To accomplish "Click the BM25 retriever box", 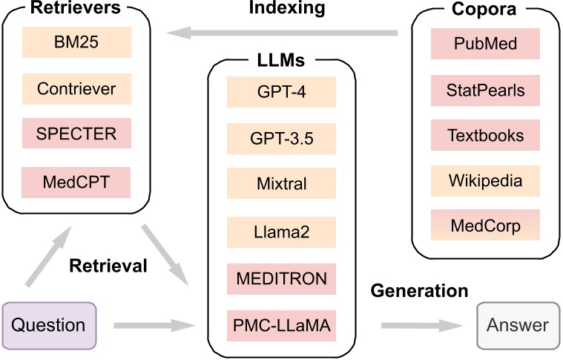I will [76, 43].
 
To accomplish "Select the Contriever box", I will [76, 88].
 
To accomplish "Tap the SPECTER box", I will [76, 134].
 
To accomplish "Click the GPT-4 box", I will [281, 94].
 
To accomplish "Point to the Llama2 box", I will [281, 232].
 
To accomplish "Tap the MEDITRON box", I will [281, 279].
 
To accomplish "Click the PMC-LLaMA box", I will [281, 325].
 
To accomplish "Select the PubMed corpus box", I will [485, 43].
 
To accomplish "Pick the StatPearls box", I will [485, 90].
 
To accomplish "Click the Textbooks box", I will [485, 136].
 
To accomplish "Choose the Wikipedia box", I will [485, 180].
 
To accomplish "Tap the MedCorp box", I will [485, 225].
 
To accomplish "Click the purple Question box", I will [49, 324].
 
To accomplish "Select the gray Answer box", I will [517, 324].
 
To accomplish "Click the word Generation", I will [419, 290].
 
